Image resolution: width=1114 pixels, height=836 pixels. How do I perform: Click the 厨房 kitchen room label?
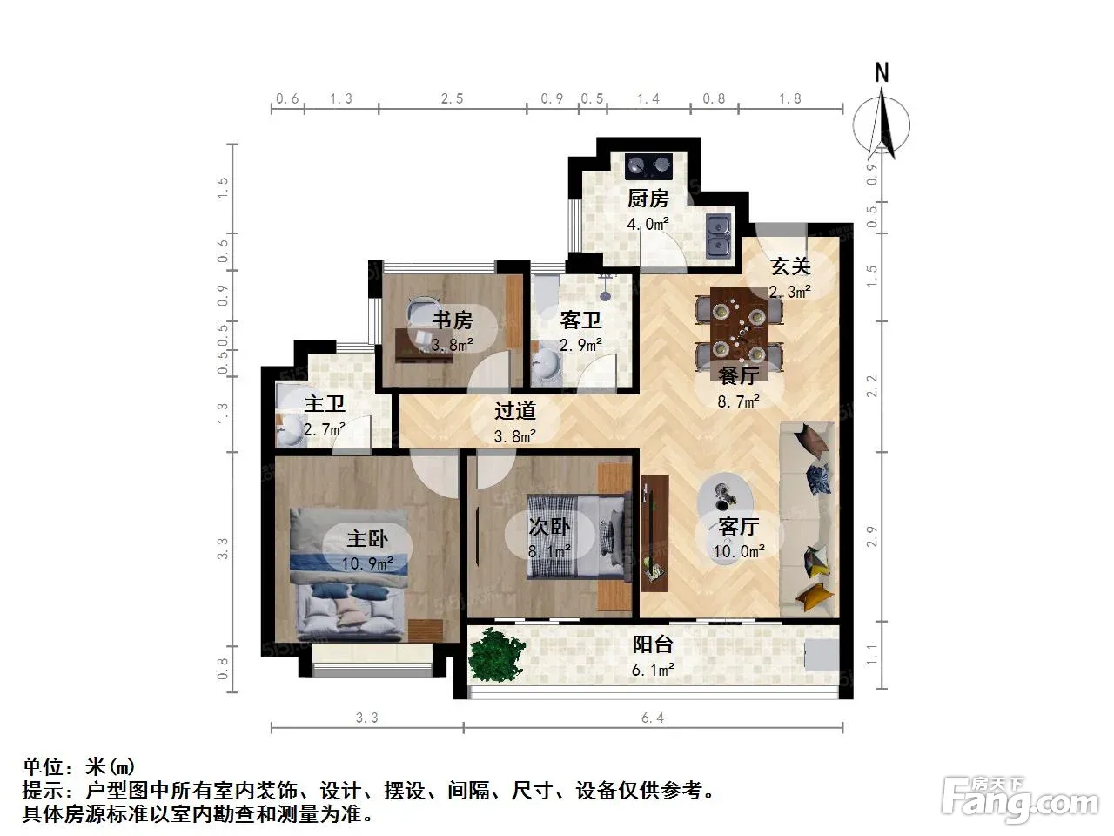tap(648, 199)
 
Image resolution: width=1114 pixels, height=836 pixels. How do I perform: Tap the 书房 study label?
tap(453, 320)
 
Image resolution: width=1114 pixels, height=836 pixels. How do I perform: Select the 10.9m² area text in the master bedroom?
tap(367, 563)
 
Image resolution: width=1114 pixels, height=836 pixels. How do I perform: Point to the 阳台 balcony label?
tap(653, 644)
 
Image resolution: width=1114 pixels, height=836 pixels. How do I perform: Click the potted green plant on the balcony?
tap(496, 655)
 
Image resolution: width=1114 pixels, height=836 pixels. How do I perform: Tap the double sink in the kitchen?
tap(719, 235)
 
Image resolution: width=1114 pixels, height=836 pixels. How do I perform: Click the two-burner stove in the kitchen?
tap(648, 165)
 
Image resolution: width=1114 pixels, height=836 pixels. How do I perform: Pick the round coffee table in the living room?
tap(726, 495)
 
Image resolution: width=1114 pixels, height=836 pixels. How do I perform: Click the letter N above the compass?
tap(882, 72)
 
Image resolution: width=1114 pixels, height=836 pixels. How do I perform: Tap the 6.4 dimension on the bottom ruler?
tap(653, 718)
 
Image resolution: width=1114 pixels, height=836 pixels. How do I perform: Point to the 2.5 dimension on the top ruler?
tap(452, 98)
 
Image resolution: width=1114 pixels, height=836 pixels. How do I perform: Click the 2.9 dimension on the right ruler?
tap(871, 536)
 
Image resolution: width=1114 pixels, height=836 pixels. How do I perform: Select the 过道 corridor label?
tap(515, 411)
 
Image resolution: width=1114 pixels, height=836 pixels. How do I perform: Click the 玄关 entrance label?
tap(790, 266)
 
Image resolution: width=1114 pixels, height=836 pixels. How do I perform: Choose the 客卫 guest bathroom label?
tap(580, 320)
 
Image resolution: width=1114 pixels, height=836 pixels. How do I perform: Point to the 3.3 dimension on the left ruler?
tap(222, 549)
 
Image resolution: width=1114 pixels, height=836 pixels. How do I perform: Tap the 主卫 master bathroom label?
tap(325, 405)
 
